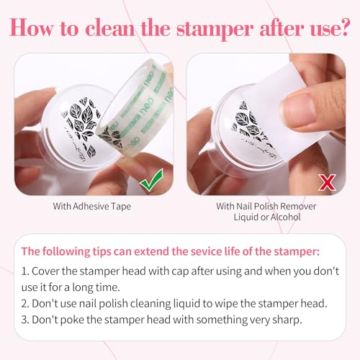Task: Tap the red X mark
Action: pos(328,182)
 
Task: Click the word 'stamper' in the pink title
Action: pos(215,29)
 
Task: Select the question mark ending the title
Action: pos(343,27)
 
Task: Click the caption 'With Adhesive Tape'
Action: pos(92,207)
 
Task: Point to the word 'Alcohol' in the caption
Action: pos(286,217)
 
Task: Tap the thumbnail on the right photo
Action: pos(297,109)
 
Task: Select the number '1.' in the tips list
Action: pos(25,271)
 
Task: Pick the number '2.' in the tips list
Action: pos(25,304)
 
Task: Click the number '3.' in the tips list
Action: pos(25,320)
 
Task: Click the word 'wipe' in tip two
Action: pos(226,304)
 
